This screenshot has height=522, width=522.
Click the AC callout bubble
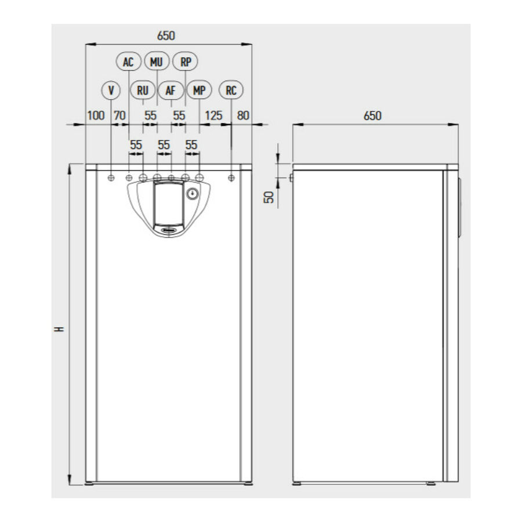point(129,61)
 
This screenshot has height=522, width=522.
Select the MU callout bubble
point(157,61)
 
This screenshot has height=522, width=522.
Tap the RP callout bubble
point(186,61)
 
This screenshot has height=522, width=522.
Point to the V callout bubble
point(111,90)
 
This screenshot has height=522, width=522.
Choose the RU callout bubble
point(143,90)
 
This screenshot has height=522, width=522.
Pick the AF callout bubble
point(171,90)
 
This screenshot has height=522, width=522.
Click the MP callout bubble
point(199,90)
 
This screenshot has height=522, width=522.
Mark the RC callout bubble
point(231,90)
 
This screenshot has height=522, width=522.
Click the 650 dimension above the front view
point(166,35)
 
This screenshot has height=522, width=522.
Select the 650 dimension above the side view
point(372,116)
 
